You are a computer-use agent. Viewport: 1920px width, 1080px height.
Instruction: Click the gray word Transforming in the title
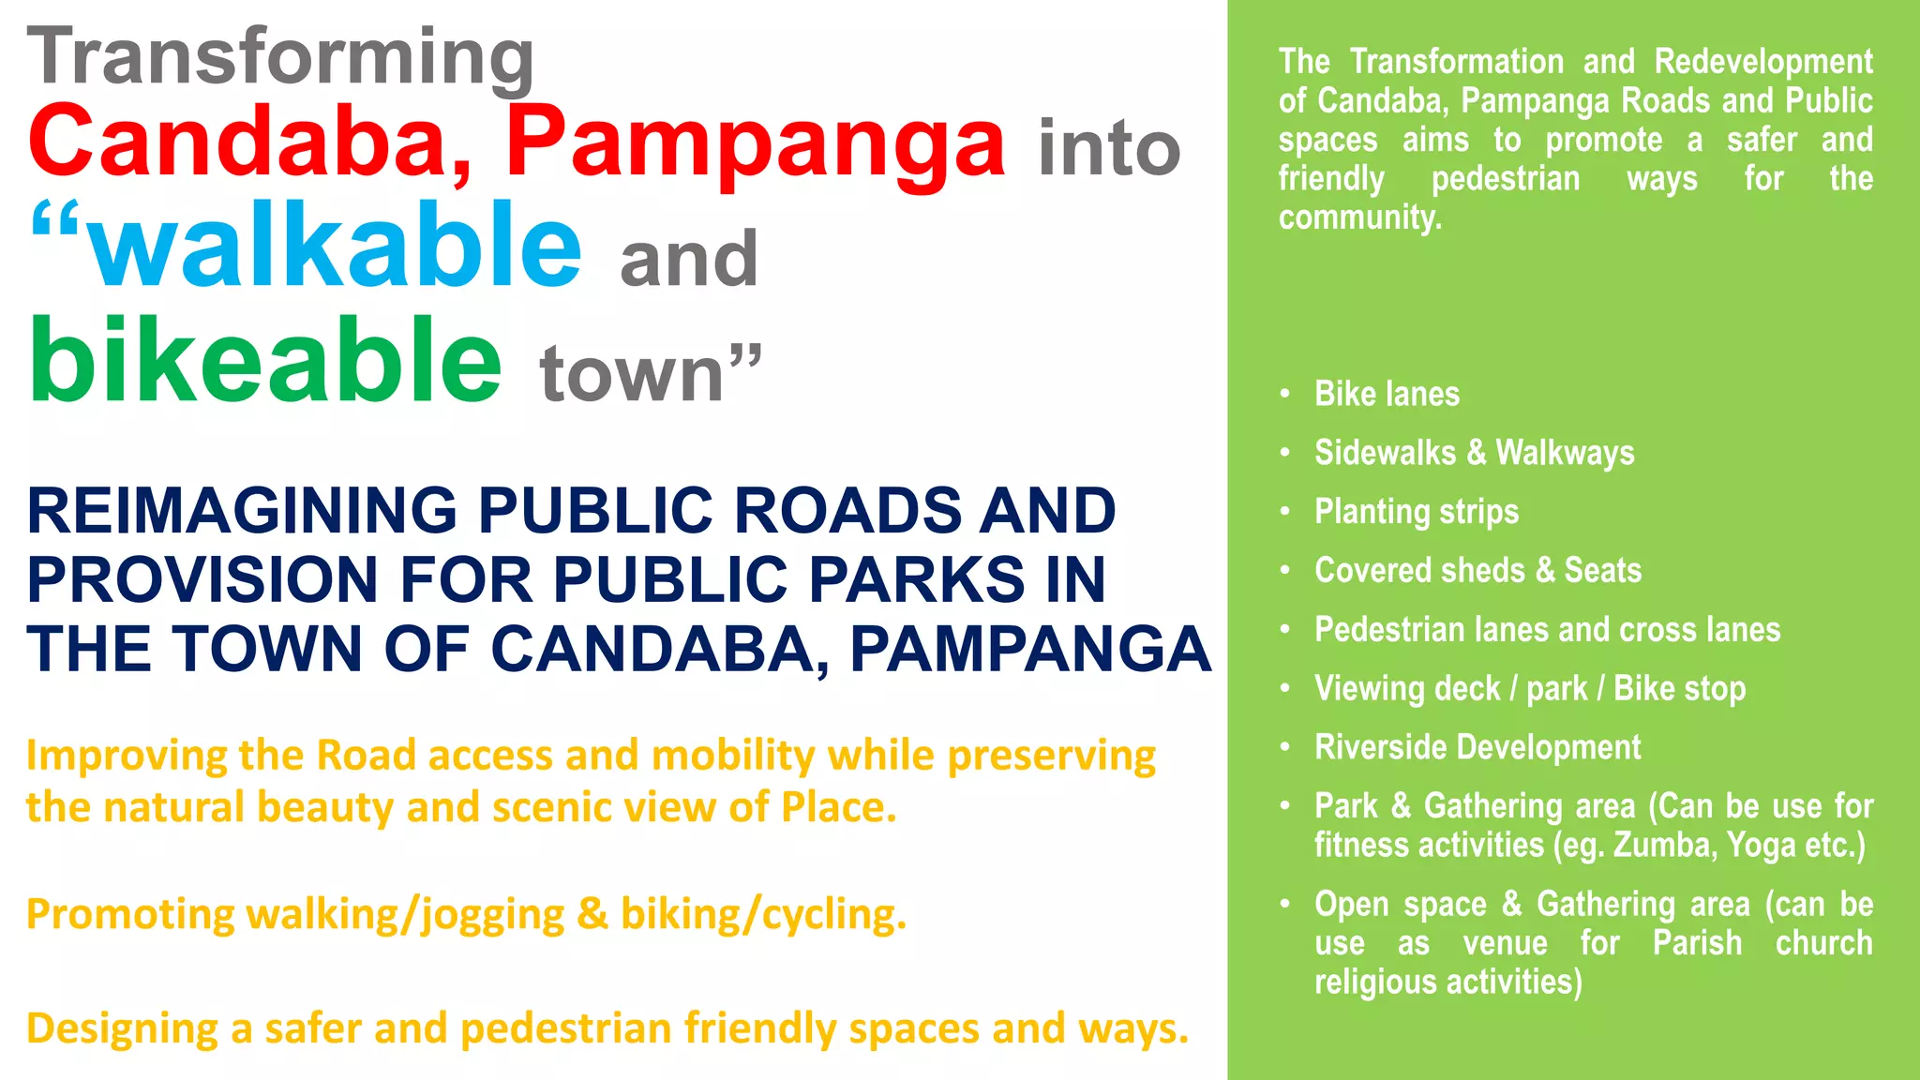click(x=280, y=58)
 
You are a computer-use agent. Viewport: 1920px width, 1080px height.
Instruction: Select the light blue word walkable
click(x=335, y=246)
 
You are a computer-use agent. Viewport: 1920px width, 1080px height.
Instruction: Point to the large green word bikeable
click(x=266, y=360)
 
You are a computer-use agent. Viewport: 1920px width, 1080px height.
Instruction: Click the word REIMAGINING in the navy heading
click(x=242, y=512)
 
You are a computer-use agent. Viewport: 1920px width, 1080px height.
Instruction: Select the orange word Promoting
click(x=129, y=914)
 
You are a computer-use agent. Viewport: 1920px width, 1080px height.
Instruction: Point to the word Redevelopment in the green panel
click(x=1762, y=62)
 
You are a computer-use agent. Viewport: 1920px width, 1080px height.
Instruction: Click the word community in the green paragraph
click(x=1358, y=217)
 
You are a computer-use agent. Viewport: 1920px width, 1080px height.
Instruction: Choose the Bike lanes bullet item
click(x=1387, y=394)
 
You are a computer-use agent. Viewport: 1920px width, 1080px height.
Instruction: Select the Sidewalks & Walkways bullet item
click(x=1474, y=453)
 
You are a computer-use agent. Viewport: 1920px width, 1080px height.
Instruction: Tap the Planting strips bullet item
click(x=1416, y=512)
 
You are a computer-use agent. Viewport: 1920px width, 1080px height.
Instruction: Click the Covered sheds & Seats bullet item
click(x=1477, y=570)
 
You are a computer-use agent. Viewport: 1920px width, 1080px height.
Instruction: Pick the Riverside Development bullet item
click(x=1477, y=747)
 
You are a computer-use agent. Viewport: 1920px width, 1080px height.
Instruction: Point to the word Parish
click(x=1697, y=943)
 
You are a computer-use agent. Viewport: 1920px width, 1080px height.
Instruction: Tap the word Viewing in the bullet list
click(x=1360, y=689)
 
